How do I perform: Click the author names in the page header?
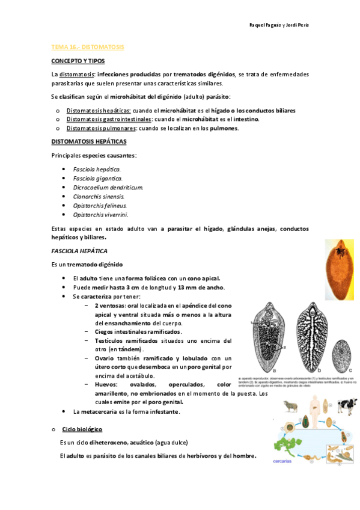click(x=279, y=25)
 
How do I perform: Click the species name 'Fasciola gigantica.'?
click(x=97, y=179)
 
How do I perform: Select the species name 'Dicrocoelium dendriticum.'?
click(x=108, y=188)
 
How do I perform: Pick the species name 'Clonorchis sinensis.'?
click(x=99, y=196)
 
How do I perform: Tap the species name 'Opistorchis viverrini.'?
click(x=100, y=214)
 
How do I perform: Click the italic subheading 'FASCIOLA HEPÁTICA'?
click(x=79, y=250)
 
